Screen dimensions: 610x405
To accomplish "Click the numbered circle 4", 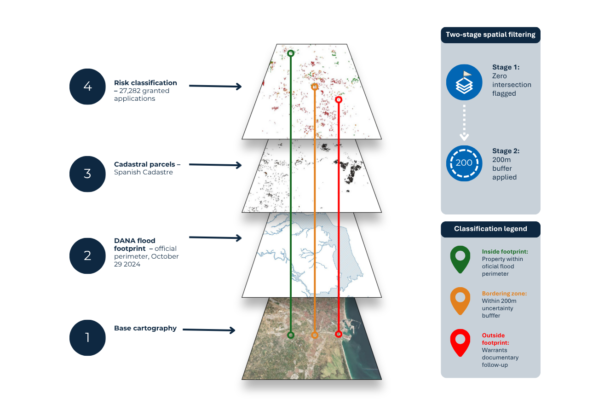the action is click(x=87, y=87).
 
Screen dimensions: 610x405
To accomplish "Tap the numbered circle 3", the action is click(x=87, y=174).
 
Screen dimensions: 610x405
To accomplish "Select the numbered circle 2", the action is click(x=87, y=256).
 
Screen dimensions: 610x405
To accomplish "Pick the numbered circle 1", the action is click(x=87, y=338).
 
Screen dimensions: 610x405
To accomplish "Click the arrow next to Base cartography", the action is click(x=209, y=330).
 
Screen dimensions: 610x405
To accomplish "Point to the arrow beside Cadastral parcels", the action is click(x=215, y=165).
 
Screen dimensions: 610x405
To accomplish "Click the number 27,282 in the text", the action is click(x=131, y=91).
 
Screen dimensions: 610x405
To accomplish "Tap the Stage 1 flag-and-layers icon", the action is click(x=464, y=82).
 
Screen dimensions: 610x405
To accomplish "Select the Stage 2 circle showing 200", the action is click(x=464, y=163).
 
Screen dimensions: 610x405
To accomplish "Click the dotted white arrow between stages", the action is click(x=464, y=122).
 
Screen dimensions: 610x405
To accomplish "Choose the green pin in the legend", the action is click(x=460, y=259).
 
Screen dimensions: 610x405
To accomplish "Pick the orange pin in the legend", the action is click(x=460, y=301).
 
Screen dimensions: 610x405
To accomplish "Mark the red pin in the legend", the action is click(x=460, y=342).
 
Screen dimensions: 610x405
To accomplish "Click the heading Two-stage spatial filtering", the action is click(x=490, y=35).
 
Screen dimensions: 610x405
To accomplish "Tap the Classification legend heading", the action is click(x=490, y=229).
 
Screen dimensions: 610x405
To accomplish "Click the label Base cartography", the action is click(x=145, y=329).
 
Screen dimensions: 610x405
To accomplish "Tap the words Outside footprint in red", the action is click(x=495, y=339).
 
